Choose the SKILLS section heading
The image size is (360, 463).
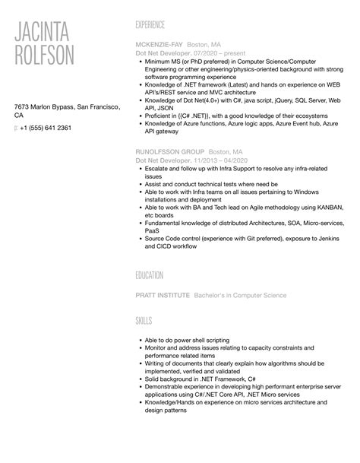[x=144, y=322]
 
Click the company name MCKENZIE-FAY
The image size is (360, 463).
[x=158, y=45]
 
